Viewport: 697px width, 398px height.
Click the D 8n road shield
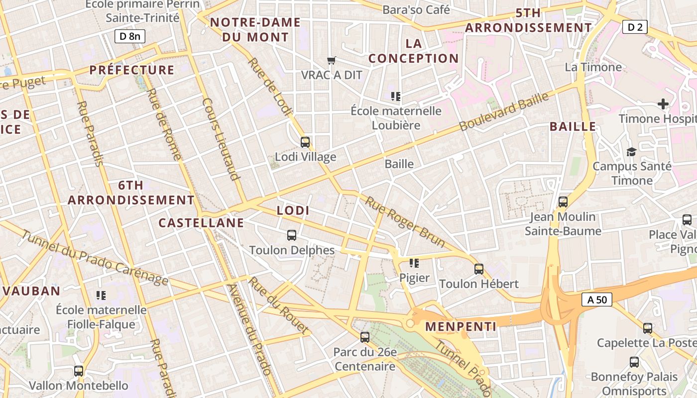[130, 36]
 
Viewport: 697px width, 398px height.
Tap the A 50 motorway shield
[596, 299]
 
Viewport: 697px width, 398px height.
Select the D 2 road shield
[635, 27]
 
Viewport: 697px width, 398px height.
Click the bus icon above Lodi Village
[305, 142]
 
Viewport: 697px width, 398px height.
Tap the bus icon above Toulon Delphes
[292, 235]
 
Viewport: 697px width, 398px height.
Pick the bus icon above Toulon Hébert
[479, 269]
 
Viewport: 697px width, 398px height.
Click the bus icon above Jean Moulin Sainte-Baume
[563, 202]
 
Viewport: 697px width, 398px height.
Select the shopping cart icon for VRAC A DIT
[332, 61]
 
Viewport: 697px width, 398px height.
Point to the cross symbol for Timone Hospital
[663, 104]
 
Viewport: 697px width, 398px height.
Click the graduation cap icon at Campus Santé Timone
[631, 152]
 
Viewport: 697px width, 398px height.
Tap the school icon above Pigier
[414, 263]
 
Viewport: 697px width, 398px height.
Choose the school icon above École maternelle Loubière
[396, 96]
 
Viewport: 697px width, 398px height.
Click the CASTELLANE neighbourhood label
[201, 223]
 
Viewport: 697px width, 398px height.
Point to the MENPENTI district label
[461, 327]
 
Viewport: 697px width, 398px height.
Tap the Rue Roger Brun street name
[405, 221]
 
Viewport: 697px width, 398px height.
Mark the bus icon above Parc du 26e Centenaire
[365, 337]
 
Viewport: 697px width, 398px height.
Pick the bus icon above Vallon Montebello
[79, 371]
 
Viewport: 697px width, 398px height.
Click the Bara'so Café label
[416, 9]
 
